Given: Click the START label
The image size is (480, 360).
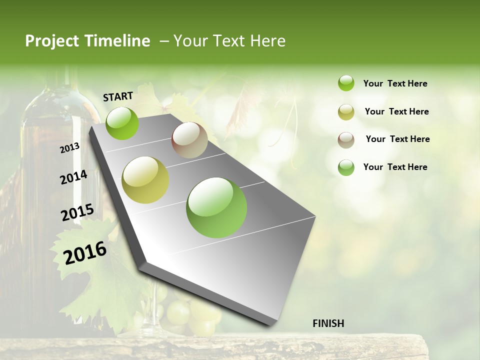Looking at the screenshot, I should click(x=118, y=96).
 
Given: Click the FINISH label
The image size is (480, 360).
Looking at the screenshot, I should click(x=328, y=323).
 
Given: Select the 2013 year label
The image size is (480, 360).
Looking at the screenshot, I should click(x=69, y=148).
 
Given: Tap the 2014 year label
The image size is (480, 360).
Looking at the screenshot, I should click(x=73, y=177).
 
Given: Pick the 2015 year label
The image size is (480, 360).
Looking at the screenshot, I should click(x=77, y=212).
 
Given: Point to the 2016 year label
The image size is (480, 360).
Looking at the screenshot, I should click(x=85, y=253).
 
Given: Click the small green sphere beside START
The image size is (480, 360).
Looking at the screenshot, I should click(x=122, y=123).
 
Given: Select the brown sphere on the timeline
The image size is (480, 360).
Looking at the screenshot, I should click(x=189, y=140).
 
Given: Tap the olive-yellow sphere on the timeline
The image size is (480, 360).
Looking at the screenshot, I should click(x=145, y=179).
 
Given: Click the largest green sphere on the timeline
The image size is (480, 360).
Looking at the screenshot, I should click(x=216, y=207).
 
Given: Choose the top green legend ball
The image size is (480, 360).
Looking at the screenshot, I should click(x=346, y=83).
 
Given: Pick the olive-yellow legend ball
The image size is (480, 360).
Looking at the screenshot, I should click(x=346, y=112).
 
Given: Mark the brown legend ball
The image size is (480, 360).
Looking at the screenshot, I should click(x=346, y=139).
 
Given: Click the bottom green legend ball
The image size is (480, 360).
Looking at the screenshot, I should click(x=346, y=167).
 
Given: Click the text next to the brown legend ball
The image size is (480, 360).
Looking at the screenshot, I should click(x=397, y=139).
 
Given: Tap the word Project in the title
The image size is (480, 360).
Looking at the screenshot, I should click(x=51, y=41).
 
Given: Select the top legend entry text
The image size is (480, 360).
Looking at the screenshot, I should click(x=395, y=83).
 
